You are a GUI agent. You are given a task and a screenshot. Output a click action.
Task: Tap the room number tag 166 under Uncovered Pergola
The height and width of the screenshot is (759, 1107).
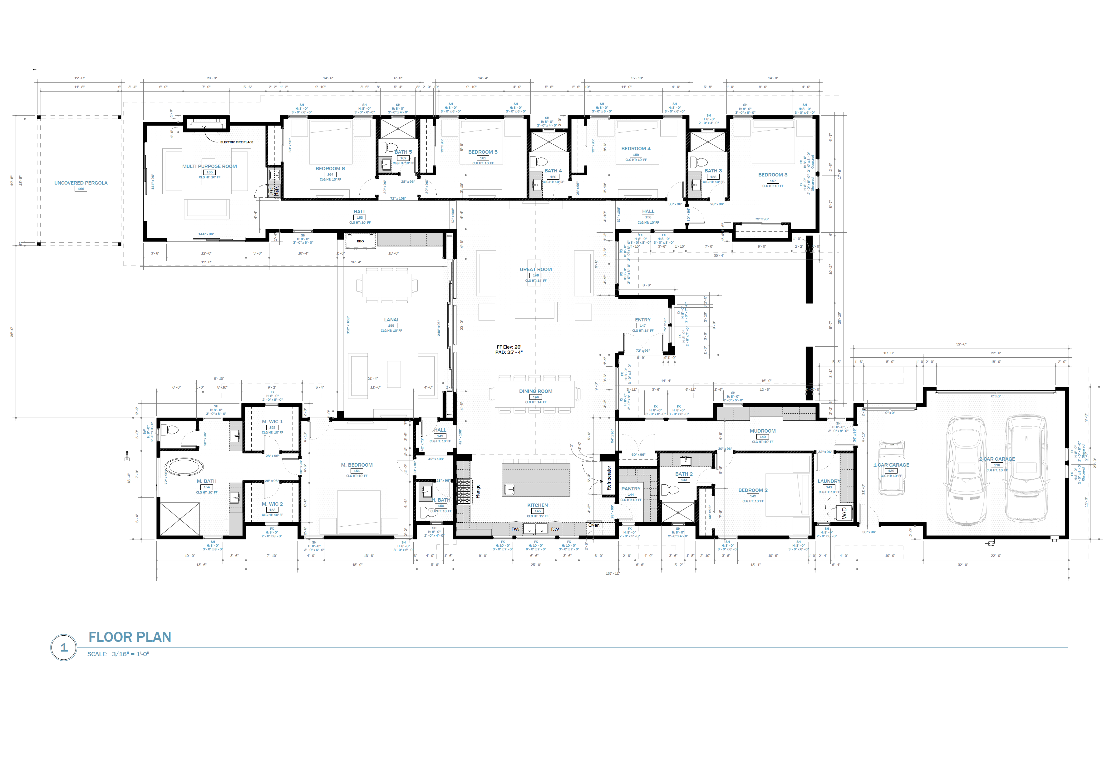pyautogui.click(x=81, y=189)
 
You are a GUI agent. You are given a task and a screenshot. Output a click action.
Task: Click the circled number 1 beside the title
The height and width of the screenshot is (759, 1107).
pyautogui.click(x=64, y=647)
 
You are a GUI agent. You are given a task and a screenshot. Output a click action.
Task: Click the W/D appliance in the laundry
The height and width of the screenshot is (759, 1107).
pyautogui.click(x=844, y=513)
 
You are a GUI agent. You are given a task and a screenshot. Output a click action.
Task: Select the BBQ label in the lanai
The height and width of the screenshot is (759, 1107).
pyautogui.click(x=360, y=241)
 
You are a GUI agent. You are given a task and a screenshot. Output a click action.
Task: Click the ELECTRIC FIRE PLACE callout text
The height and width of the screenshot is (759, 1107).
pyautogui.click(x=236, y=142)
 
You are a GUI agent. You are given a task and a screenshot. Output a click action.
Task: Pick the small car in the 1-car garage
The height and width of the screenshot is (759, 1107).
pyautogui.click(x=891, y=467)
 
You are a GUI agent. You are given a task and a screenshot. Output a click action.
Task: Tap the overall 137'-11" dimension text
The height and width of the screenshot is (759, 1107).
pyautogui.click(x=613, y=573)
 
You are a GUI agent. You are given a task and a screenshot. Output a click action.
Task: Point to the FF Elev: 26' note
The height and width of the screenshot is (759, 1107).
pyautogui.click(x=509, y=347)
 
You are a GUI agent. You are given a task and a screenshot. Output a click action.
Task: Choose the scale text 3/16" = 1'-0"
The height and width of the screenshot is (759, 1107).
pyautogui.click(x=130, y=654)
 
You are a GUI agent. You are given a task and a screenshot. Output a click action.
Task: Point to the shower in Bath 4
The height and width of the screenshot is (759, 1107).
pyautogui.click(x=549, y=142)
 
